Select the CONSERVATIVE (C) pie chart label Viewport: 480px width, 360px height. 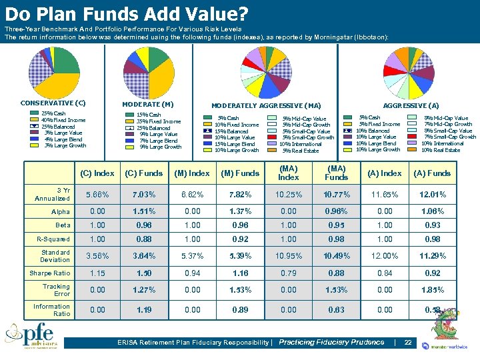click(x=53, y=103)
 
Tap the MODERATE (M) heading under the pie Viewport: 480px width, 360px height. click(x=148, y=105)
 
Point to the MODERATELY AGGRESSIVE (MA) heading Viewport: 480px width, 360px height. click(x=266, y=106)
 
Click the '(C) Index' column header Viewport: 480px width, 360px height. click(x=97, y=173)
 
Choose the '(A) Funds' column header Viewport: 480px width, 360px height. click(x=432, y=173)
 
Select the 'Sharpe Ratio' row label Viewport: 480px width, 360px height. click(x=49, y=273)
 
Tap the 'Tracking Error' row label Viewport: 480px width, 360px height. click(x=57, y=290)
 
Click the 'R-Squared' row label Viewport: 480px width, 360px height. click(x=51, y=239)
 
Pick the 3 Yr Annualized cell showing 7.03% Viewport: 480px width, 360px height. click(x=144, y=194)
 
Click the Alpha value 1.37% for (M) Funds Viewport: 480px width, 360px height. click(x=240, y=211)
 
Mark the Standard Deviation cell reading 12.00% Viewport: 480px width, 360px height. click(x=384, y=257)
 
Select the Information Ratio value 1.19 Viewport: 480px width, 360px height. click(x=144, y=310)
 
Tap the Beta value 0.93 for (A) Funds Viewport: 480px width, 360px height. click(x=432, y=225)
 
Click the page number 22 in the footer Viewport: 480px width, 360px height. click(x=408, y=342)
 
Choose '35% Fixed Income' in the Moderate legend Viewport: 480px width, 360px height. click(x=158, y=121)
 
